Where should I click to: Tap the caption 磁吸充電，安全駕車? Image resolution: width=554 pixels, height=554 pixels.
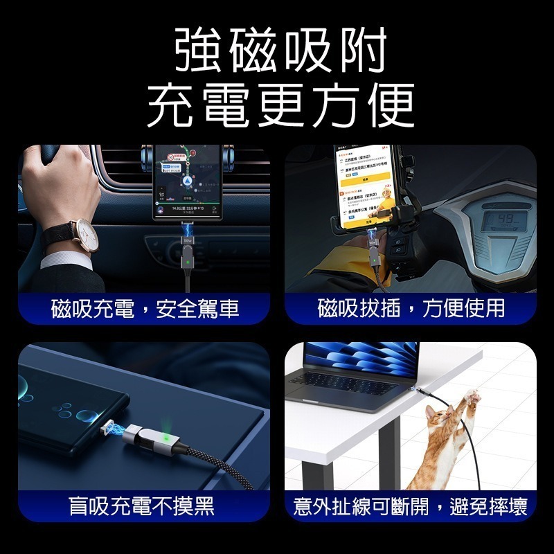(145, 308)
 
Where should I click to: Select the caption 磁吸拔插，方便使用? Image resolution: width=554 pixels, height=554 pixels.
(411, 308)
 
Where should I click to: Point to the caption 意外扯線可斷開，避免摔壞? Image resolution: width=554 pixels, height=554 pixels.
(411, 506)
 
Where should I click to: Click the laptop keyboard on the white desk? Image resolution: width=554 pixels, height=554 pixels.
(350, 382)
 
